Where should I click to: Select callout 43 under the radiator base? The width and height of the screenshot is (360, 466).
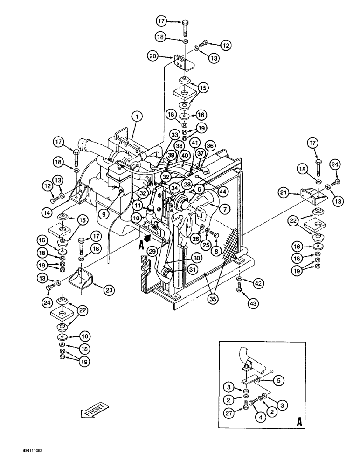240,303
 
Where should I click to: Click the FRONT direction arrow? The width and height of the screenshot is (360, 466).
95,409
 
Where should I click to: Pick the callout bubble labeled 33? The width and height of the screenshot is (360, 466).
161,135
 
